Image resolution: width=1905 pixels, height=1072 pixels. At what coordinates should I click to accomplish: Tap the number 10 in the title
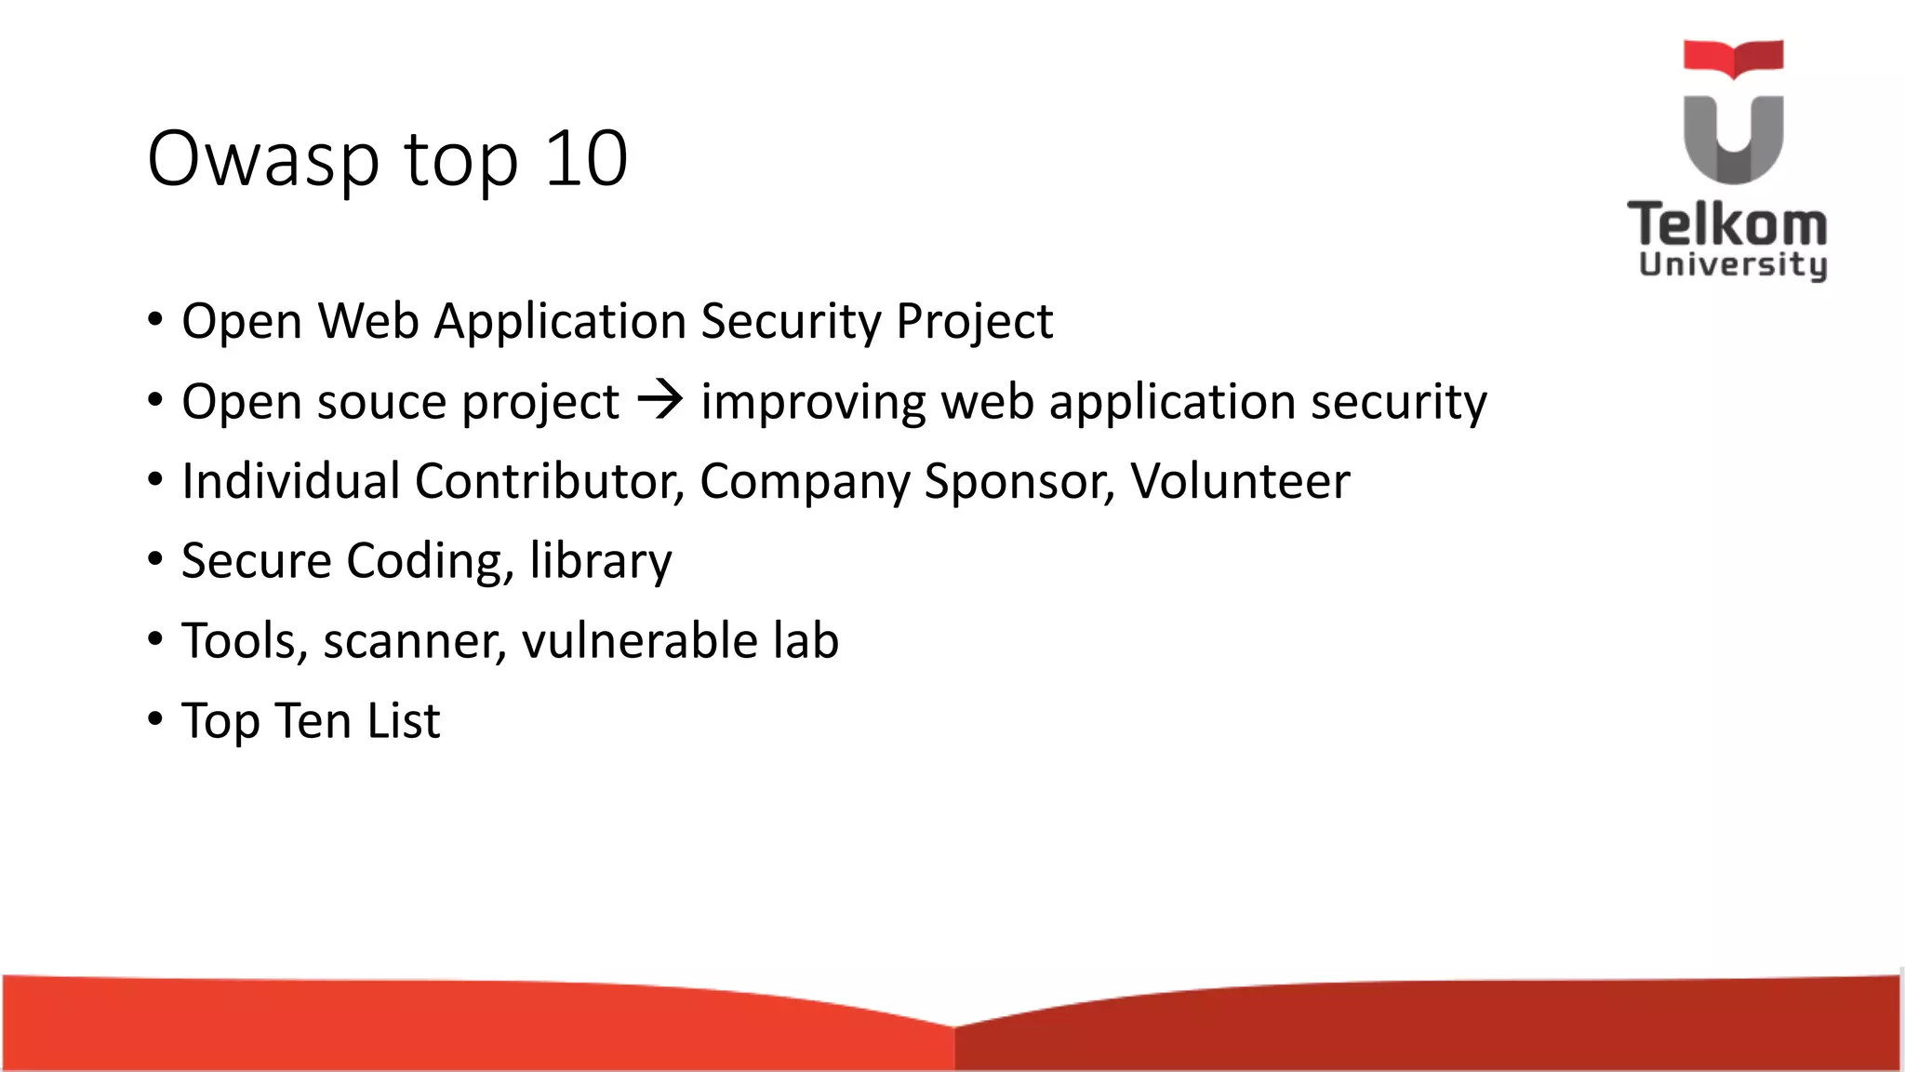pyautogui.click(x=586, y=158)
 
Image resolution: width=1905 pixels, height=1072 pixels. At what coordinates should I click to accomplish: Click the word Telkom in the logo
pyautogui.click(x=1727, y=224)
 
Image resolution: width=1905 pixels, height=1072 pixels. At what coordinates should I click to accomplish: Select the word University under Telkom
pyautogui.click(x=1733, y=264)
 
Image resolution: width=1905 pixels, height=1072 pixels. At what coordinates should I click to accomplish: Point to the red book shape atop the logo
pyautogui.click(x=1733, y=58)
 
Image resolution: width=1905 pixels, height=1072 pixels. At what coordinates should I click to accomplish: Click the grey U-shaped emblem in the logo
pyautogui.click(x=1733, y=140)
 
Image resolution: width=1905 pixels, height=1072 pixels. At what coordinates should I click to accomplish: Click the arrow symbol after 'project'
pyautogui.click(x=660, y=401)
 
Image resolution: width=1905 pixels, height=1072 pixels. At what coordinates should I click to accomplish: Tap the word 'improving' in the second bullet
pyautogui.click(x=813, y=402)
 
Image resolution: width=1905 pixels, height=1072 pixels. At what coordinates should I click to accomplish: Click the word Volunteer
pyautogui.click(x=1239, y=481)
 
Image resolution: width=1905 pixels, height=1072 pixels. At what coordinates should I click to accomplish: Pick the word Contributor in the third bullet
pyautogui.click(x=549, y=481)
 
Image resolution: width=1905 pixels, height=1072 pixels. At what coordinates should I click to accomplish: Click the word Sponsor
pyautogui.click(x=1019, y=482)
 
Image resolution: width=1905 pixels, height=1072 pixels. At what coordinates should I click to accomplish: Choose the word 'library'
pyautogui.click(x=600, y=561)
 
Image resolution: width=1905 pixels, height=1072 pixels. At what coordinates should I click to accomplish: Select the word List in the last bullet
pyautogui.click(x=403, y=720)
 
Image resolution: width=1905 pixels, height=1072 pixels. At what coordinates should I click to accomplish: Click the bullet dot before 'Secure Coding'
pyautogui.click(x=155, y=559)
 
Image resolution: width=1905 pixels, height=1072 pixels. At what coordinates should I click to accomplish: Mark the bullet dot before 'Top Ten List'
pyautogui.click(x=155, y=718)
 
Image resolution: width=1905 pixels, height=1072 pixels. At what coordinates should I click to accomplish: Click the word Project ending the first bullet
pyautogui.click(x=974, y=322)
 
